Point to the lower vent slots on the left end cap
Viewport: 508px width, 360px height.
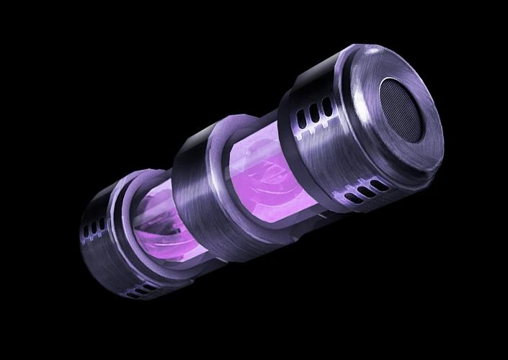click(141, 290)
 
